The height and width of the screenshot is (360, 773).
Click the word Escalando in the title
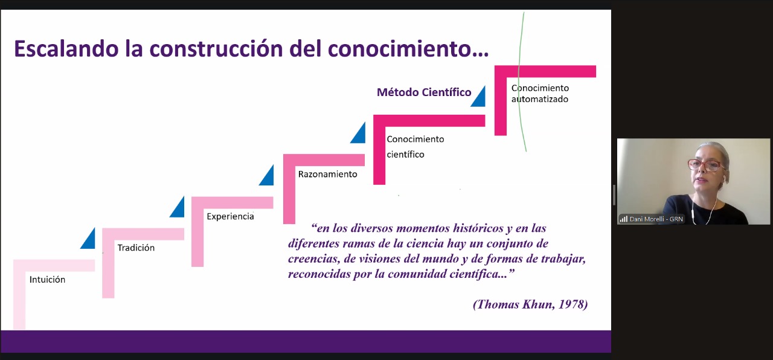point(66,49)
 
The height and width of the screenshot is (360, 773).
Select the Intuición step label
point(47,279)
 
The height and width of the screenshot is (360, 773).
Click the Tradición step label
point(136,248)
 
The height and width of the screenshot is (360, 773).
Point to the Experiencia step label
point(230,216)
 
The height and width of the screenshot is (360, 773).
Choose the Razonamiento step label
point(327,174)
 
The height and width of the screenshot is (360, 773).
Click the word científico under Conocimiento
point(405,154)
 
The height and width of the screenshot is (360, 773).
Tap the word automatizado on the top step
point(540,99)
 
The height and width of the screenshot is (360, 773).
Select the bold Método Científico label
point(424,92)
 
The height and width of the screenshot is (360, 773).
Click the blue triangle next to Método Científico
point(480,98)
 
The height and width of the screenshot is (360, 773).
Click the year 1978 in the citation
point(573,304)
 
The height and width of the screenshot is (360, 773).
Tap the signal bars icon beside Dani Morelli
point(624,219)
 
